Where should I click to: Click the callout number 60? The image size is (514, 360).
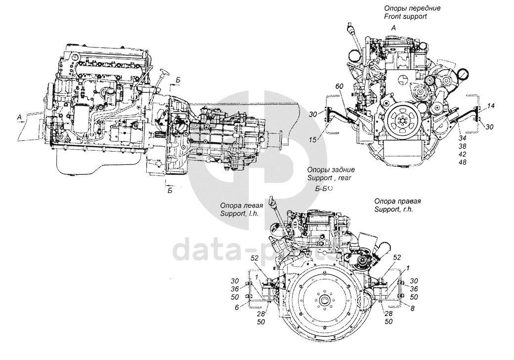339,86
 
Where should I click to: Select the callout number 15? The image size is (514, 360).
312,140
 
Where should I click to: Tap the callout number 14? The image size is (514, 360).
491,106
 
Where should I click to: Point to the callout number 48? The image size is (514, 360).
463,162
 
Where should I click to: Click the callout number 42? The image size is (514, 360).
463,154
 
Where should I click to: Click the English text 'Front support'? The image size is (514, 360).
406,16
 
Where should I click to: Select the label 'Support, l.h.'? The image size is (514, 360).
240,213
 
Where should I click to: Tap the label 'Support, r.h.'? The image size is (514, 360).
394,209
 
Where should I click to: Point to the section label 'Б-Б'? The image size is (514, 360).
321,189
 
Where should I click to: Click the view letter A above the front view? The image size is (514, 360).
394,28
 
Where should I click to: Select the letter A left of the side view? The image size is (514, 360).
20,116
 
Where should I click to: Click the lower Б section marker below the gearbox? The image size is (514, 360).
170,191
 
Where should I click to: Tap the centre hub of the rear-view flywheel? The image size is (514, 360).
325,300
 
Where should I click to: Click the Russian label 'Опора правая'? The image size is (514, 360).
398,201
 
